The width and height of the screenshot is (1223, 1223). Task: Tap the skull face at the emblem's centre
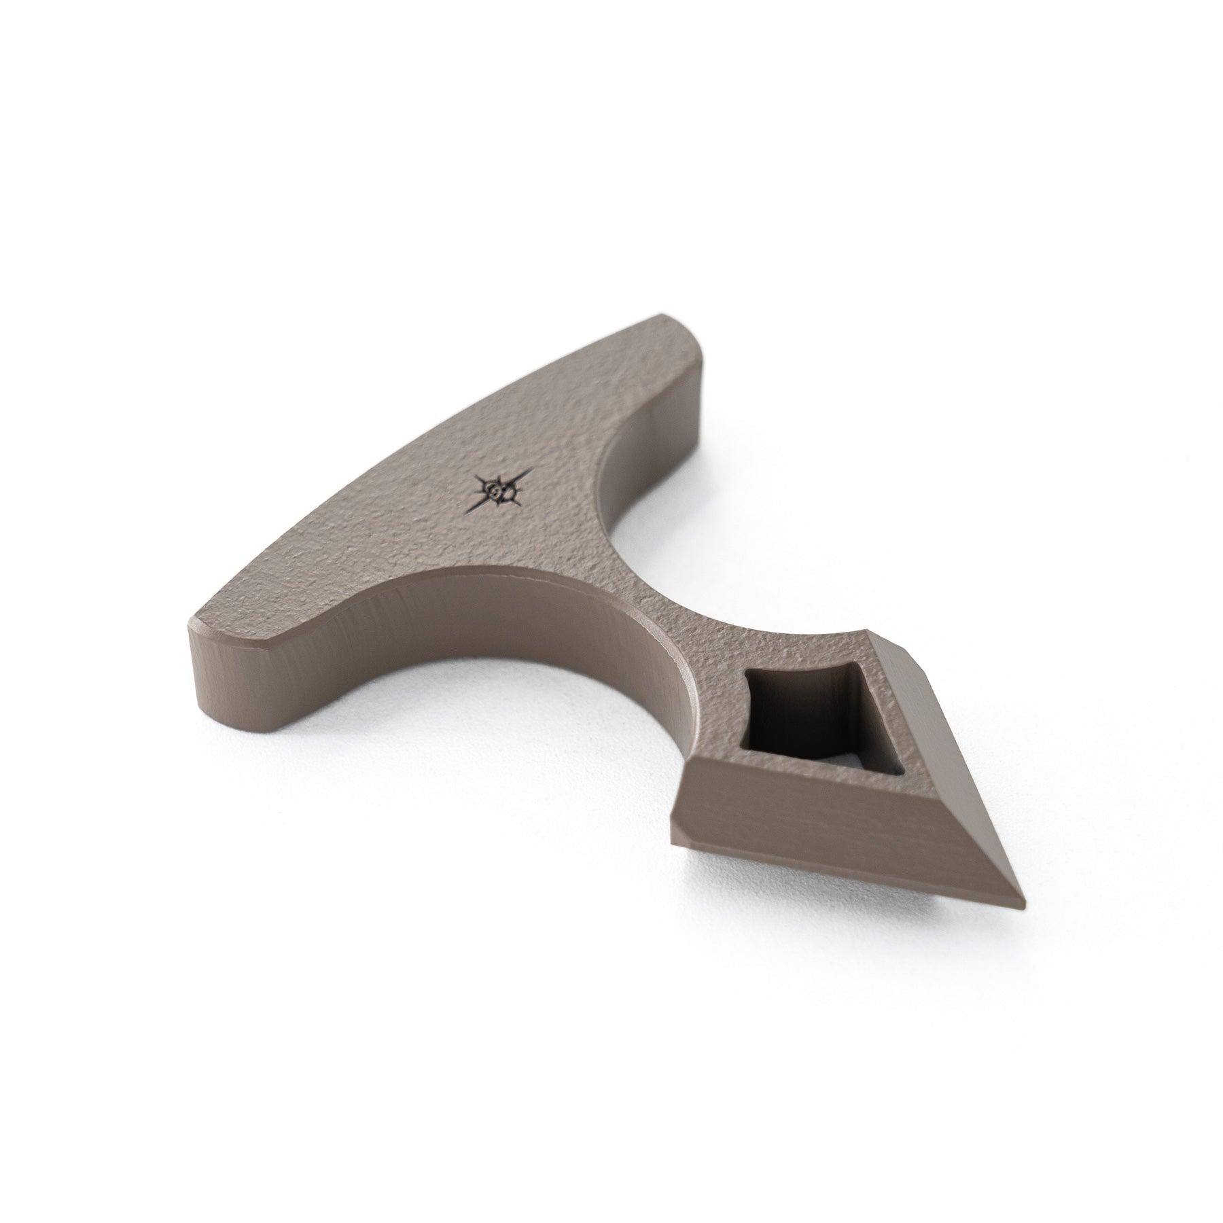pyautogui.click(x=499, y=491)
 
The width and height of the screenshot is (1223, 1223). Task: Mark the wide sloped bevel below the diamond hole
pyautogui.click(x=815, y=802)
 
